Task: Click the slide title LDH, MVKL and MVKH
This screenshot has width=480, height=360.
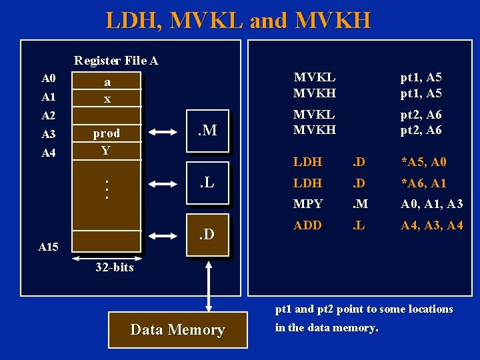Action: click(238, 20)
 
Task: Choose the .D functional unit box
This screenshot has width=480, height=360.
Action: click(208, 235)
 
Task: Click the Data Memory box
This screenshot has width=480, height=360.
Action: click(177, 329)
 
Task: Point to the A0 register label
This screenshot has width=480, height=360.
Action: click(47, 79)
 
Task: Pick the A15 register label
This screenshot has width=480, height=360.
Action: click(47, 247)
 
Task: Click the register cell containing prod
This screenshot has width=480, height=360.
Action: click(106, 133)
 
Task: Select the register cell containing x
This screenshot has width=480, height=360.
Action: click(106, 98)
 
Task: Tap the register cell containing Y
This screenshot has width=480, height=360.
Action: click(106, 150)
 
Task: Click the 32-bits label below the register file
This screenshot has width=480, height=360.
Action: click(114, 267)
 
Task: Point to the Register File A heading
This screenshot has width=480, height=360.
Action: click(116, 61)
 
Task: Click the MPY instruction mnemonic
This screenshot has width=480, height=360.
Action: click(308, 204)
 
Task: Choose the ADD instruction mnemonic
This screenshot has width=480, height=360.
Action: click(308, 225)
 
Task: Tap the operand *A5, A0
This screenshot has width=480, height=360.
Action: click(423, 162)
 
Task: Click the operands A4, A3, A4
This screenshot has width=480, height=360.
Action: click(431, 225)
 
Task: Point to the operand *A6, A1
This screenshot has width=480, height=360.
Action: click(423, 183)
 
